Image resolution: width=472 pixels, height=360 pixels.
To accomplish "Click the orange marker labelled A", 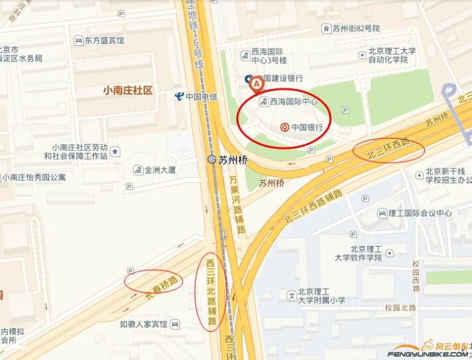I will (x=256, y=84).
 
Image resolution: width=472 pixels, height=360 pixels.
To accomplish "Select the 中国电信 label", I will (x=197, y=96).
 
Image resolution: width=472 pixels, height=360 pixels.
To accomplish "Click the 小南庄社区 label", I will (x=127, y=90).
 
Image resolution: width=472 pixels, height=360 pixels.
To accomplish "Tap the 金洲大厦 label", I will (x=158, y=169).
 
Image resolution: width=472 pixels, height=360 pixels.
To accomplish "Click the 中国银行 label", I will (x=303, y=127).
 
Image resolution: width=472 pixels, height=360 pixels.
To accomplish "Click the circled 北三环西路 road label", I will (x=389, y=150).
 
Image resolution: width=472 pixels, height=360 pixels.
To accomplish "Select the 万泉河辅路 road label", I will (x=237, y=205).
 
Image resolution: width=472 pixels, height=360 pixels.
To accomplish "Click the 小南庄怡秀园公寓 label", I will (x=34, y=178).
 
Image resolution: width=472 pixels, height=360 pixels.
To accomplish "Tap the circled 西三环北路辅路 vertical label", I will (x=211, y=292).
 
